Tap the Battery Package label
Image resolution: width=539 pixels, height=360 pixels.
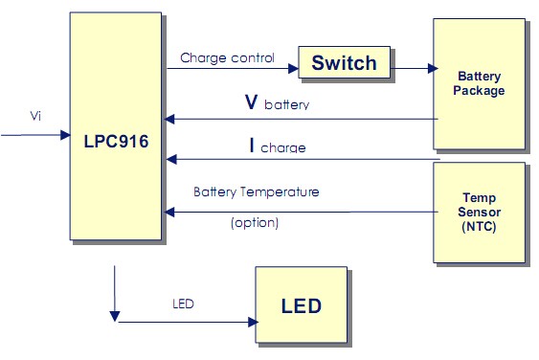pyautogui.click(x=480, y=83)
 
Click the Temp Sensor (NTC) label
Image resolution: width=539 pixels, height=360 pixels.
pyautogui.click(x=480, y=212)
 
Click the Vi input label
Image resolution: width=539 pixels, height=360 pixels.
pyautogui.click(x=35, y=116)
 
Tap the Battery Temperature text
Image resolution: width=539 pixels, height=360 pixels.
pyautogui.click(x=256, y=191)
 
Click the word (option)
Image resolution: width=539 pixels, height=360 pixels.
pyautogui.click(x=255, y=223)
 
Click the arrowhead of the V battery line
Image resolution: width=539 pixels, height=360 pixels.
pyautogui.click(x=169, y=120)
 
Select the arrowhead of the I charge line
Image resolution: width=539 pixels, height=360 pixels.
pyautogui.click(x=169, y=159)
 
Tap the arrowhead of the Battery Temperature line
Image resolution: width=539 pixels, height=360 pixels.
pyautogui.click(x=169, y=212)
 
